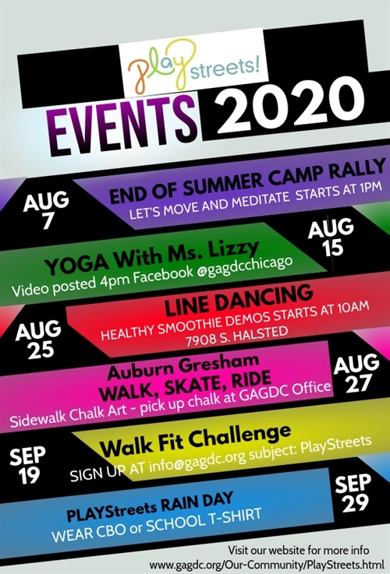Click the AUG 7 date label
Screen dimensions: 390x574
[x=46, y=210]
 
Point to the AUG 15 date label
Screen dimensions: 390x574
[x=331, y=238]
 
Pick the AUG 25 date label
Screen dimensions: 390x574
[x=38, y=339]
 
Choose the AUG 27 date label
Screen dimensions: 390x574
[x=356, y=373]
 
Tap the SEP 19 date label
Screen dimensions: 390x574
[x=27, y=465]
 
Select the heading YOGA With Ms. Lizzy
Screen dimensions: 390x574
[x=152, y=258]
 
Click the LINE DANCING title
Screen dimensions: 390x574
[x=239, y=300]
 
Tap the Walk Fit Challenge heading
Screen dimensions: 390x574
[x=195, y=441]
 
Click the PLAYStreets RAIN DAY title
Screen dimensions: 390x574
[x=150, y=507]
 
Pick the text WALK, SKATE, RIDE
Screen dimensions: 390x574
[x=185, y=387]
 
